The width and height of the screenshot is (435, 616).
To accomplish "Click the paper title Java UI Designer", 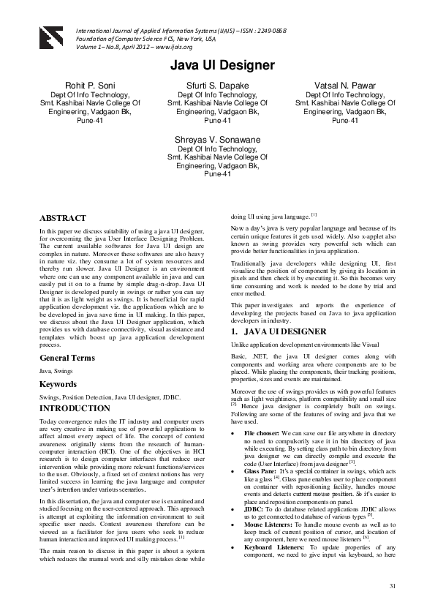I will click(x=222, y=66).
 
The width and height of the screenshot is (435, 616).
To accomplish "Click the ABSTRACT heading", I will click(x=62, y=218).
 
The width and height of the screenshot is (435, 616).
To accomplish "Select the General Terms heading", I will click(x=67, y=358).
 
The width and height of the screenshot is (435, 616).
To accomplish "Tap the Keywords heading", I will click(x=58, y=383).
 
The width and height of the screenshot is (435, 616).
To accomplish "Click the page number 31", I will click(x=392, y=586).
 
